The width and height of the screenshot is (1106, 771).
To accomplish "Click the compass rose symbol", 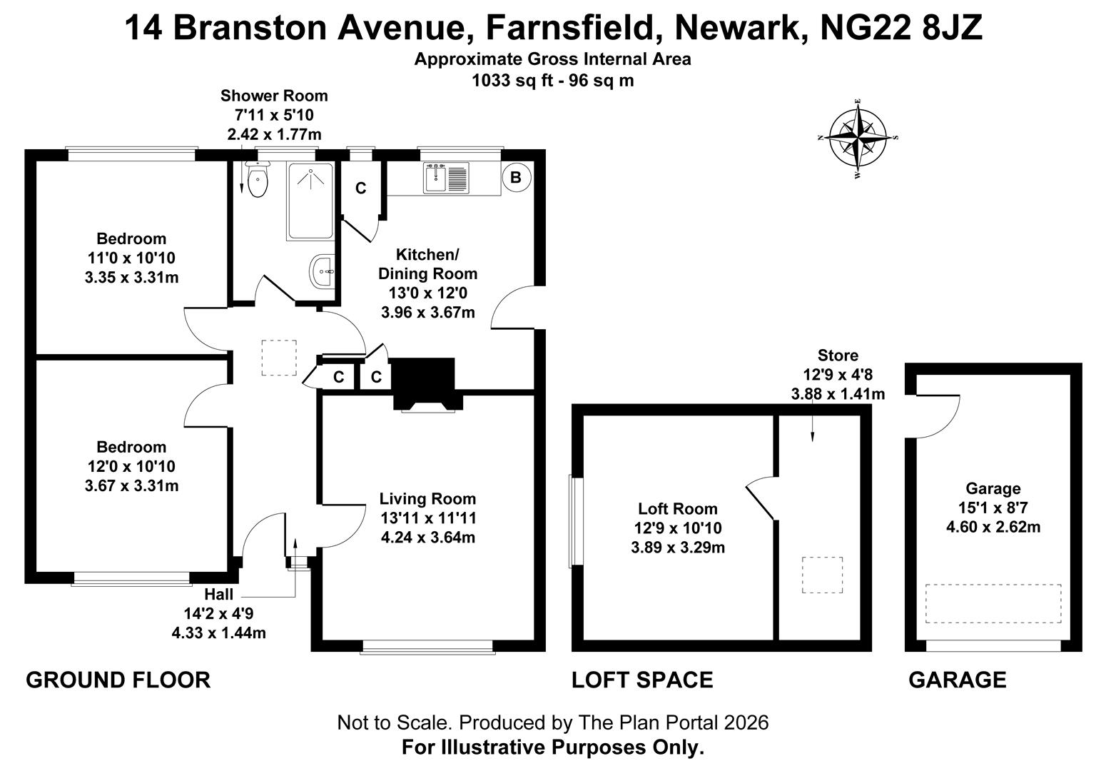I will point(858,137).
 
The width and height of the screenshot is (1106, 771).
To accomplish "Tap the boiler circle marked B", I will point(516,177).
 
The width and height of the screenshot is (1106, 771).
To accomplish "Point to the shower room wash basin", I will point(323,271).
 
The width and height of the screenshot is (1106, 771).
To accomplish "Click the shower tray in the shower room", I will point(310,201).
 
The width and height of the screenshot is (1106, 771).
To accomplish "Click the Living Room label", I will point(427,499).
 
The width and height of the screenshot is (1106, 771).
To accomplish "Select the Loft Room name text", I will point(677,509).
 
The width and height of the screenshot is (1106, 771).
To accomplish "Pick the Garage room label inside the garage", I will point(993,489).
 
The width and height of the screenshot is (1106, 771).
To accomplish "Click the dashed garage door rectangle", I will point(993,603).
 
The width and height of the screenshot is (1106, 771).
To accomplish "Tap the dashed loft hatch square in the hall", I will point(279,358).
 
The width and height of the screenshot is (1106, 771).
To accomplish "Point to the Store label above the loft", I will point(837,356).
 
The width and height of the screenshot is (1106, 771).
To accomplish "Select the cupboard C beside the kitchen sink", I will point(360,188).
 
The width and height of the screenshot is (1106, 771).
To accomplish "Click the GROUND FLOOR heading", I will point(118,680).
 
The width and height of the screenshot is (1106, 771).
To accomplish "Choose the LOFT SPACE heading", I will point(642,680).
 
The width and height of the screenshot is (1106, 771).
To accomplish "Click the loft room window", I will point(576,521).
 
